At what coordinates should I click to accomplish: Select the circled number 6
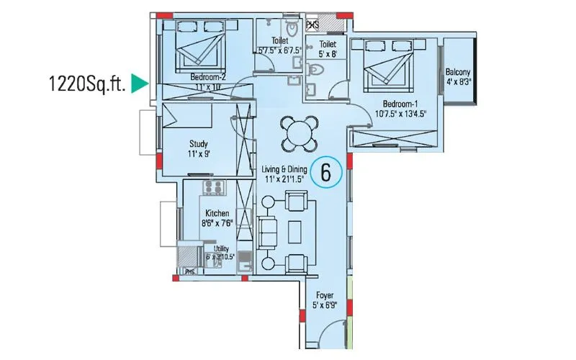[326, 173]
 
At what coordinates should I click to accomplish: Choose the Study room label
[199, 148]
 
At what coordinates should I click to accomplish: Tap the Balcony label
[458, 76]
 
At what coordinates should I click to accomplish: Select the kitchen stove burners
[214, 189]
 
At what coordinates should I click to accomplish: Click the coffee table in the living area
[294, 230]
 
